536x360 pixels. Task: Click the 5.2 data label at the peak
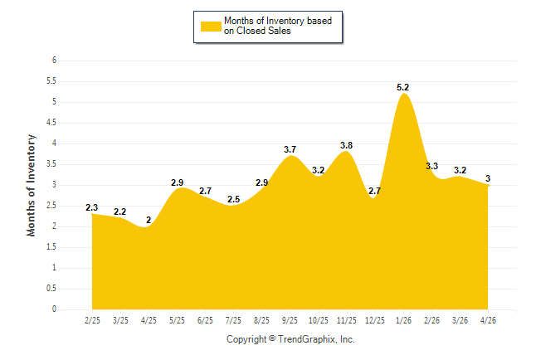pos(402,88)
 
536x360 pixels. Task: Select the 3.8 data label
pos(346,145)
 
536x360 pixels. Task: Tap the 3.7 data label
pos(290,149)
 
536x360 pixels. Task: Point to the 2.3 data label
pos(91,207)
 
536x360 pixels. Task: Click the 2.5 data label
pos(233,199)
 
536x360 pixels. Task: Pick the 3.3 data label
pos(431,166)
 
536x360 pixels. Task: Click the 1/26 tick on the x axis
pos(403,320)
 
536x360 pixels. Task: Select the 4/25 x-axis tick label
pos(149,320)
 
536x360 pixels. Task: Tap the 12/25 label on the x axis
pos(375,320)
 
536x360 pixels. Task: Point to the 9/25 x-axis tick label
pos(290,320)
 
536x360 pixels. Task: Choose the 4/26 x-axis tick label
pos(488,320)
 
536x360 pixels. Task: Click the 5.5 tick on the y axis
pos(51,81)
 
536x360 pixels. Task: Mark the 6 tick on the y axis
pos(54,61)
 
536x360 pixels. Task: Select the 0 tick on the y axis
pos(54,309)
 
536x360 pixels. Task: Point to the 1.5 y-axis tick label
pos(51,247)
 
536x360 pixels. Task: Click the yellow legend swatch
pos(211,27)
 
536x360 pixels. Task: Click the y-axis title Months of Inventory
pos(31,185)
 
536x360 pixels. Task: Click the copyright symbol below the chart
pos(272,338)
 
